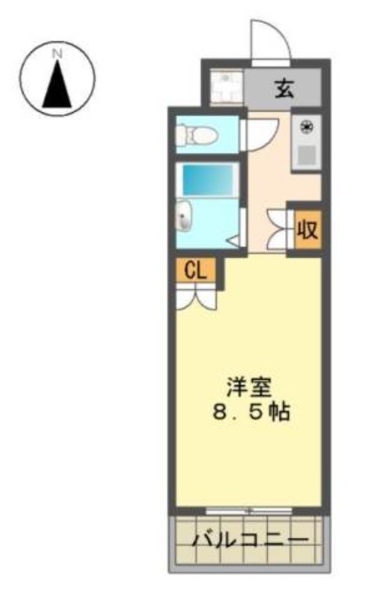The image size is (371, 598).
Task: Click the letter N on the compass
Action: tap(58, 54)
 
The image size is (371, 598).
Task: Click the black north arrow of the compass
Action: tap(58, 84)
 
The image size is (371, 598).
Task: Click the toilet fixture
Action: tap(196, 135)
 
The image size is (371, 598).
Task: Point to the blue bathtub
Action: tap(208, 179)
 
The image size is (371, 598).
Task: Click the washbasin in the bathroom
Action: tap(184, 215)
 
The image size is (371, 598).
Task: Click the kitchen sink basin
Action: tap(307, 155)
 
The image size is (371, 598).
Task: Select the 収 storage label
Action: tap(307, 230)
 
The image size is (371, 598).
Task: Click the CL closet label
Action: tap(195, 271)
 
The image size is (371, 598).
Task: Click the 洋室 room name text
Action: tap(249, 387)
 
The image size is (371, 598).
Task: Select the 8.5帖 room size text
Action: tap(251, 412)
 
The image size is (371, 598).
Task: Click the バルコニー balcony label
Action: tap(250, 540)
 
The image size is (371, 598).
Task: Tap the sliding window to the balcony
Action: tap(249, 511)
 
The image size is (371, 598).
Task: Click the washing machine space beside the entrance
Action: tap(227, 87)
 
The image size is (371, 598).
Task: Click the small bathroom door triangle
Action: tap(233, 241)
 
